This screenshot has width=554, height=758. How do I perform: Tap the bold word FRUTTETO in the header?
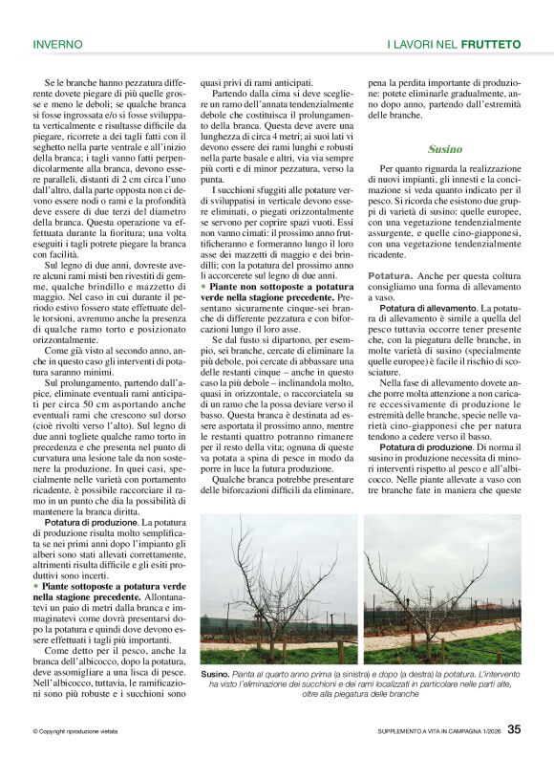[x=491, y=44]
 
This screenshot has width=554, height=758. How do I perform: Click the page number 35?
[x=514, y=730]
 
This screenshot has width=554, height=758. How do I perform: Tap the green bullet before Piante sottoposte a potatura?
[x=35, y=584]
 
